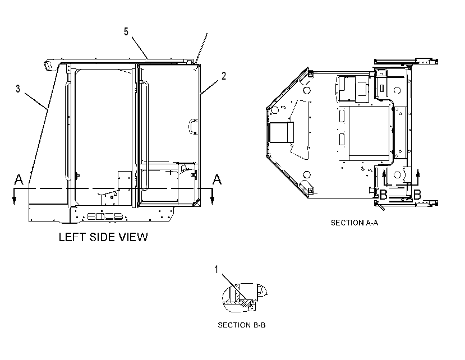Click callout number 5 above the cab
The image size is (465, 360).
(126, 32)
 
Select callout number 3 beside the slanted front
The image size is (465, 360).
(18, 89)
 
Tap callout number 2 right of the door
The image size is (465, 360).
(224, 76)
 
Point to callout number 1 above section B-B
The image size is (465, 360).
(216, 270)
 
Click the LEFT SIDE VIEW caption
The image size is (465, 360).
(103, 237)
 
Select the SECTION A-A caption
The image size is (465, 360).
(354, 223)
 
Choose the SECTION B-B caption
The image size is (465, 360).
(242, 325)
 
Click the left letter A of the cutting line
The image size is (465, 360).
(19, 179)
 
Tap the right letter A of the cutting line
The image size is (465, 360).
(217, 179)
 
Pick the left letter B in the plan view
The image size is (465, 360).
(383, 195)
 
